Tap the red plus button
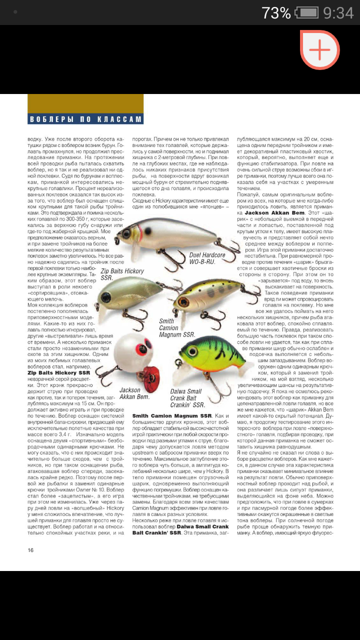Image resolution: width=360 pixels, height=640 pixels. click(320, 49)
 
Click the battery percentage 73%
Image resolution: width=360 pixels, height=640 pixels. click(275, 13)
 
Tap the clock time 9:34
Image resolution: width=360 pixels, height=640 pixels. click(338, 13)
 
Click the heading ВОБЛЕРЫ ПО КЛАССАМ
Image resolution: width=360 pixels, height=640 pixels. click(85, 119)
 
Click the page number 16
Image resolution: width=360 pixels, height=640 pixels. click(30, 550)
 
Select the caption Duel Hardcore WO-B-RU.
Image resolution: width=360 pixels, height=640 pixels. click(207, 258)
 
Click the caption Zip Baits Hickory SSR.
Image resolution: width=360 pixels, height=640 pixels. click(122, 273)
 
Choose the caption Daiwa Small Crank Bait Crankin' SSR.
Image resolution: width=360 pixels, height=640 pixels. click(188, 398)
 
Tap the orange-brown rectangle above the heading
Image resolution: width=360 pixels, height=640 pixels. click(85, 103)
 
